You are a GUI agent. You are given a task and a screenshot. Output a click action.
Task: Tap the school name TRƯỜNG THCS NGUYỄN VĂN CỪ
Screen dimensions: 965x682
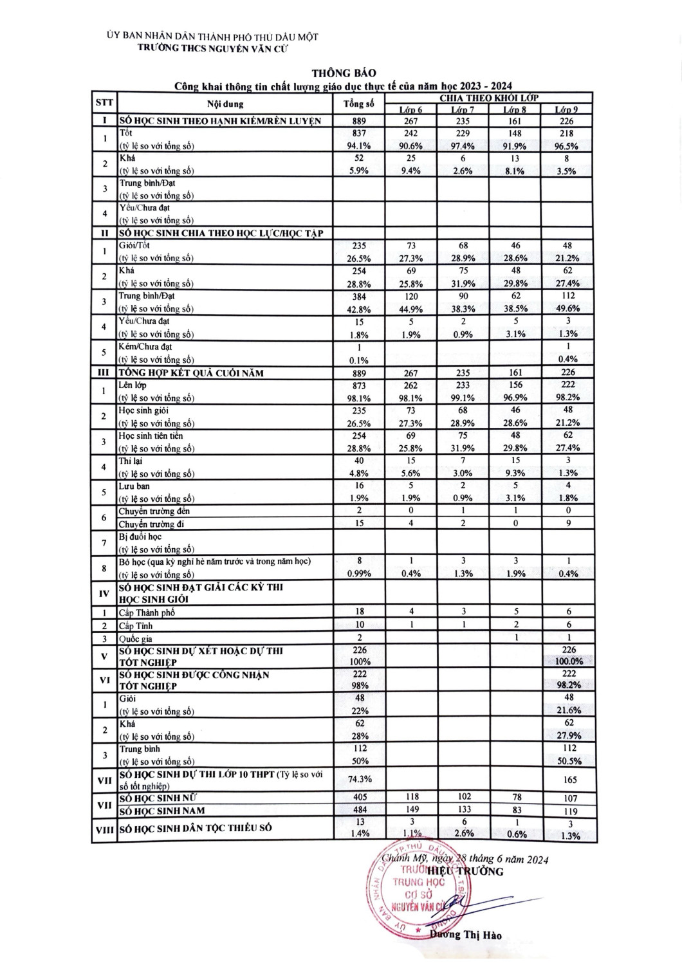214,48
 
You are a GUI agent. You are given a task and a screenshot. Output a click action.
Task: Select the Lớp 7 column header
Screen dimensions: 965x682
463,109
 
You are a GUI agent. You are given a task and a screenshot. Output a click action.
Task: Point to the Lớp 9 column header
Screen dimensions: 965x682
566,109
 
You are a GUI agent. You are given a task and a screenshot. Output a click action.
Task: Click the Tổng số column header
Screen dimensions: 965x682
358,104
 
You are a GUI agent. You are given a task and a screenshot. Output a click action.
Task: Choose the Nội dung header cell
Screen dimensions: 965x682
225,104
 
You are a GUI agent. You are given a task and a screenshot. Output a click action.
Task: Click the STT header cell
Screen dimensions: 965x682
104,103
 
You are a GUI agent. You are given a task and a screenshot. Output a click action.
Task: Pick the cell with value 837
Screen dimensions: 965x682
358,133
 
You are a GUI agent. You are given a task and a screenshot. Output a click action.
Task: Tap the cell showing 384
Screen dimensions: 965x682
358,297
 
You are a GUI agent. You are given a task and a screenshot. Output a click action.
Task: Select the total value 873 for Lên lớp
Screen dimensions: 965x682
358,385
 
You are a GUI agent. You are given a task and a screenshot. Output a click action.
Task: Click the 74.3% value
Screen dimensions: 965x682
360,778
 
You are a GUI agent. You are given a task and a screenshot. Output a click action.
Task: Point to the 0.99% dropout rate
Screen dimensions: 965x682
359,574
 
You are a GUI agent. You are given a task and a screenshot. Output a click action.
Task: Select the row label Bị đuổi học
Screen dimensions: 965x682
140,537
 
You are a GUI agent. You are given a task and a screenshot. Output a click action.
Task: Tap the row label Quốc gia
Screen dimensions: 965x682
136,639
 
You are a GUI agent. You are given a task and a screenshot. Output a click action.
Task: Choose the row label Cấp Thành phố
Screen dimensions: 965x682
147,612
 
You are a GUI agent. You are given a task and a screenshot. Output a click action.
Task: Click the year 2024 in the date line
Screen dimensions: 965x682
535,859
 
